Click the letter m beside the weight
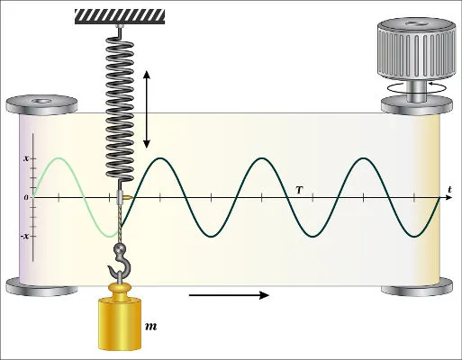coord(151,327)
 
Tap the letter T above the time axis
coord(299,190)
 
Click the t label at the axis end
coord(449,189)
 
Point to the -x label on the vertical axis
coord(25,236)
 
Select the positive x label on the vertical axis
coord(26,158)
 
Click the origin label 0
coord(26,197)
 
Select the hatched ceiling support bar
coord(120,16)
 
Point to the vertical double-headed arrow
coord(147,109)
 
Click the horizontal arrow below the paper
coord(229,295)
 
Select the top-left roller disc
coord(41,104)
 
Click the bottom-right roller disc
coord(417,287)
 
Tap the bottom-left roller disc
coord(41,287)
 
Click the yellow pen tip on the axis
coord(127,197)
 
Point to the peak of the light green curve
coord(59,158)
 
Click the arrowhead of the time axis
coord(449,197)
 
